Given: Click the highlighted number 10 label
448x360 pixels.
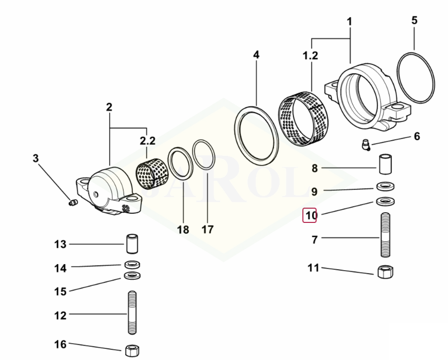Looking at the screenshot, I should coord(310,215).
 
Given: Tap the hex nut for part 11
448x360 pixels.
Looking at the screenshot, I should coord(384,273).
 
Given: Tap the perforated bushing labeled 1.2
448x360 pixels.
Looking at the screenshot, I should coord(304,118).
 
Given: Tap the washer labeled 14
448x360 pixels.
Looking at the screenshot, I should coord(132,264).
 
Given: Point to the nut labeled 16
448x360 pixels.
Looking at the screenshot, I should coord(132,350).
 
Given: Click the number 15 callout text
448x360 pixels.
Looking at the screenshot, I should coord(60,291).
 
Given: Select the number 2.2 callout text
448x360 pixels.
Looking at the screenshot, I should coord(147,140).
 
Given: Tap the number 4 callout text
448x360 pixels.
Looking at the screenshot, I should coord(256,54).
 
